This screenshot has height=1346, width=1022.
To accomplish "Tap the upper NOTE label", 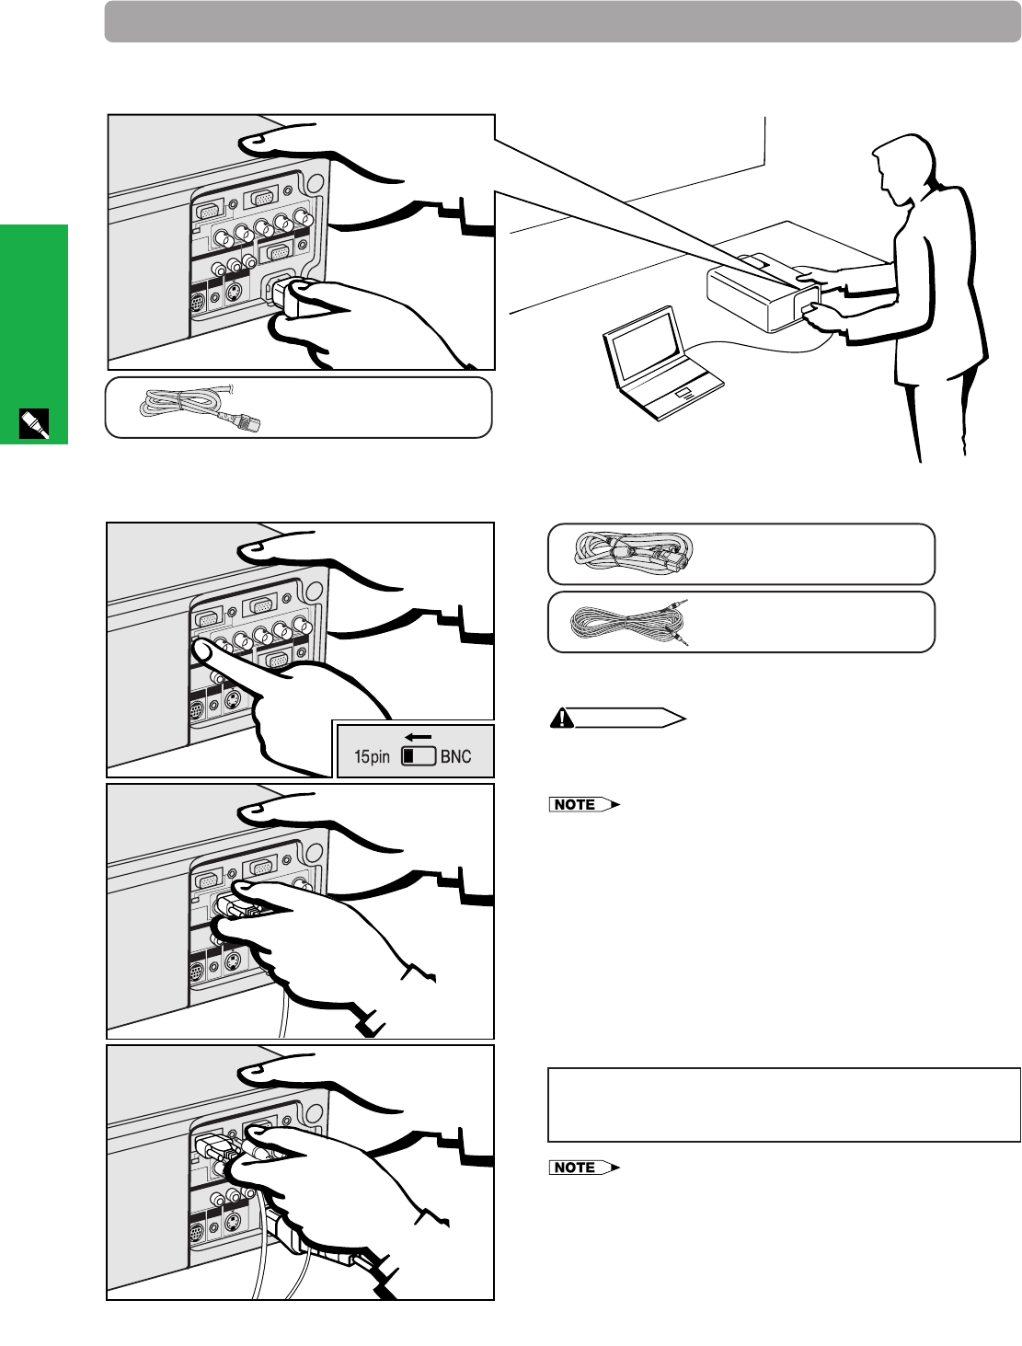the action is pos(576,805).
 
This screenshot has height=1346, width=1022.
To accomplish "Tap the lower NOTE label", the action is pos(576,1168).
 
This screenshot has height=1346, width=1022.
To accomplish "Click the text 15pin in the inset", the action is pos(372,757).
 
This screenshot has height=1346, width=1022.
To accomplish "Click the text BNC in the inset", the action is pos(456,757).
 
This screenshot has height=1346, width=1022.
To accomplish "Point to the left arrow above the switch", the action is pos(418,737).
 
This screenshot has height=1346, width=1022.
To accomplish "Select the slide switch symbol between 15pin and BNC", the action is pos(419,756).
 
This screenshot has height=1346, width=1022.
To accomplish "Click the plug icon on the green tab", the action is pos(34,424).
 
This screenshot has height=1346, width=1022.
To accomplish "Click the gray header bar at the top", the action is pos(562,21).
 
